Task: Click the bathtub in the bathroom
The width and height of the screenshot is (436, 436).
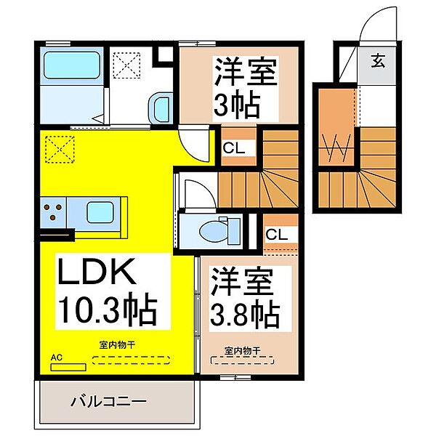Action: point(72,65)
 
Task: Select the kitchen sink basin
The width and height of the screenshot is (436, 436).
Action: point(100,212)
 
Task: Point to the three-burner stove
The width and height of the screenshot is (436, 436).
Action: point(53,212)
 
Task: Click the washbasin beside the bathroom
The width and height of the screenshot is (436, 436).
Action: point(160,108)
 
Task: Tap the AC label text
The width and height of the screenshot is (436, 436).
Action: point(57,358)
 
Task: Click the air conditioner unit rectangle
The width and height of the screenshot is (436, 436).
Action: point(68,367)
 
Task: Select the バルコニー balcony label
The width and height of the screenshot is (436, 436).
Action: point(108,401)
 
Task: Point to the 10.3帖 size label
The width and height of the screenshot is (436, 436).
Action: point(108,310)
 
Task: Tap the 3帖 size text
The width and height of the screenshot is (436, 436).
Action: point(237,106)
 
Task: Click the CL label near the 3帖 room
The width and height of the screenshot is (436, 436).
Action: point(234,148)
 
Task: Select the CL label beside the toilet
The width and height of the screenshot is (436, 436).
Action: point(277,235)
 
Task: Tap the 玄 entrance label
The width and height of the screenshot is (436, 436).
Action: point(378,61)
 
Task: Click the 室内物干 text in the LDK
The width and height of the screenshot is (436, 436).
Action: point(117,345)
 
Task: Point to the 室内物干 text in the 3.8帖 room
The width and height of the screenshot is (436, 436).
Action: point(243,351)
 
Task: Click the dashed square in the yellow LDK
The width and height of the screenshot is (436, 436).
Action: point(60,149)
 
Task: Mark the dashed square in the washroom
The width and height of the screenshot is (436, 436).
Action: point(126,65)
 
